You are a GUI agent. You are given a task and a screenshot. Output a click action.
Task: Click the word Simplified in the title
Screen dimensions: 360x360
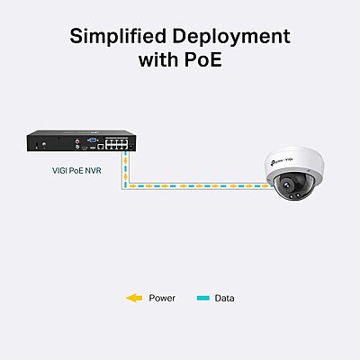pyautogui.click(x=118, y=36)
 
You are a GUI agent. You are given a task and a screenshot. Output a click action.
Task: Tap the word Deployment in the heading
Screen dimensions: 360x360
pyautogui.click(x=231, y=37)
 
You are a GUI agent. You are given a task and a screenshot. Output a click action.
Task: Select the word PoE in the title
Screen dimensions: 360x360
pyautogui.click(x=202, y=59)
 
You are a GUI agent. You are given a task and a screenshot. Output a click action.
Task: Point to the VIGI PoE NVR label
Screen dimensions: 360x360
pyautogui.click(x=76, y=171)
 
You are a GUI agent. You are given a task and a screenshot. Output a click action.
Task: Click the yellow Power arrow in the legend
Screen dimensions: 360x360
pyautogui.click(x=134, y=298)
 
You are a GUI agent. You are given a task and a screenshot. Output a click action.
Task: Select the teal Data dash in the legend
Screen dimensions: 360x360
pyautogui.click(x=203, y=298)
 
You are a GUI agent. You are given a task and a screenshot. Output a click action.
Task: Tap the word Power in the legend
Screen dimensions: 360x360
pyautogui.click(x=162, y=298)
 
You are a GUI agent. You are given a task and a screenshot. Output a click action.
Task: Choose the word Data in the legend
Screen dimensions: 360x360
pyautogui.click(x=224, y=298)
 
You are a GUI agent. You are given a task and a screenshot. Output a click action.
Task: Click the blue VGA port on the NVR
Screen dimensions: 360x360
pyautogui.click(x=93, y=139)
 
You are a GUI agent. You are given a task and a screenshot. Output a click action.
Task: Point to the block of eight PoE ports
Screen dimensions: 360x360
pyautogui.click(x=116, y=143)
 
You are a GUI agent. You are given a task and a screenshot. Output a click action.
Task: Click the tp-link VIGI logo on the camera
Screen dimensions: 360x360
pyautogui.click(x=282, y=161)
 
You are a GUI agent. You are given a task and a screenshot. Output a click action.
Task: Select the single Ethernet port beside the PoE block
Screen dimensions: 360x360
pyautogui.click(x=101, y=147)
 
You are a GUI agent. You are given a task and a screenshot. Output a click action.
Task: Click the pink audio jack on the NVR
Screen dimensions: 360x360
pyautogui.click(x=78, y=139)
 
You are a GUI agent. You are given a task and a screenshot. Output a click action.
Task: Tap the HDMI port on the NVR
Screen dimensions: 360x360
pyautogui.click(x=85, y=148)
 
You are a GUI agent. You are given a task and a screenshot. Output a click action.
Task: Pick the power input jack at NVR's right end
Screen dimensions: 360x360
pyautogui.click(x=131, y=147)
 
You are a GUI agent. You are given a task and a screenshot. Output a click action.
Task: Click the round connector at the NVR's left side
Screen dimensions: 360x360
pyautogui.click(x=44, y=145)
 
